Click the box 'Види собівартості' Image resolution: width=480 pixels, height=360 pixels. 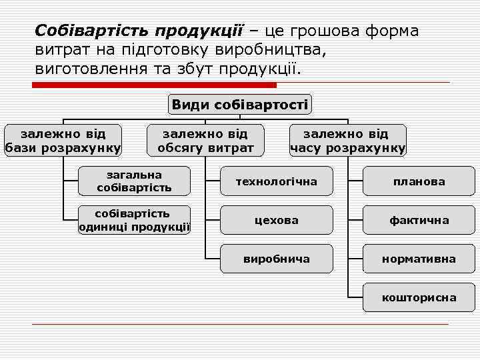pos(240,104)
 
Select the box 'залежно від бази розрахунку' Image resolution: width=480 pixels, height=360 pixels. pos(63,140)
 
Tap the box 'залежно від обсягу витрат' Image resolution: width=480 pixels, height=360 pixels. pos(205,140)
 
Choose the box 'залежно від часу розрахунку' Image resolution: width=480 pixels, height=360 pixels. pos(347,140)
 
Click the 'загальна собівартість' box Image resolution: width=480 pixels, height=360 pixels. pos(134,181)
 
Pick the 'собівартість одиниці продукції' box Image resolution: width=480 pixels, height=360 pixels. pos(134,220)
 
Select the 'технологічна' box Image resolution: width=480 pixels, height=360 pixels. pos(276,181)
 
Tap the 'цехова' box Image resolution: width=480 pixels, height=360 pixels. pos(276,220)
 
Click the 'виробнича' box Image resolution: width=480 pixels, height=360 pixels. pos(276,259)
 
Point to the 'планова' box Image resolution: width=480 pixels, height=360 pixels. pos(419,181)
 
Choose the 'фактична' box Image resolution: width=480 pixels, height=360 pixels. pos(419,220)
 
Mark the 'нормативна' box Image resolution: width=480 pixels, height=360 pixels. pos(419,259)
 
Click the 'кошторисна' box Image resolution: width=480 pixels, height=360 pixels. pos(419,297)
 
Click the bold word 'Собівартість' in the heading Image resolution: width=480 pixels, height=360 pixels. pos(93,31)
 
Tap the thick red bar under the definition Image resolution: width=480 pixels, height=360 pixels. pos(154,85)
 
